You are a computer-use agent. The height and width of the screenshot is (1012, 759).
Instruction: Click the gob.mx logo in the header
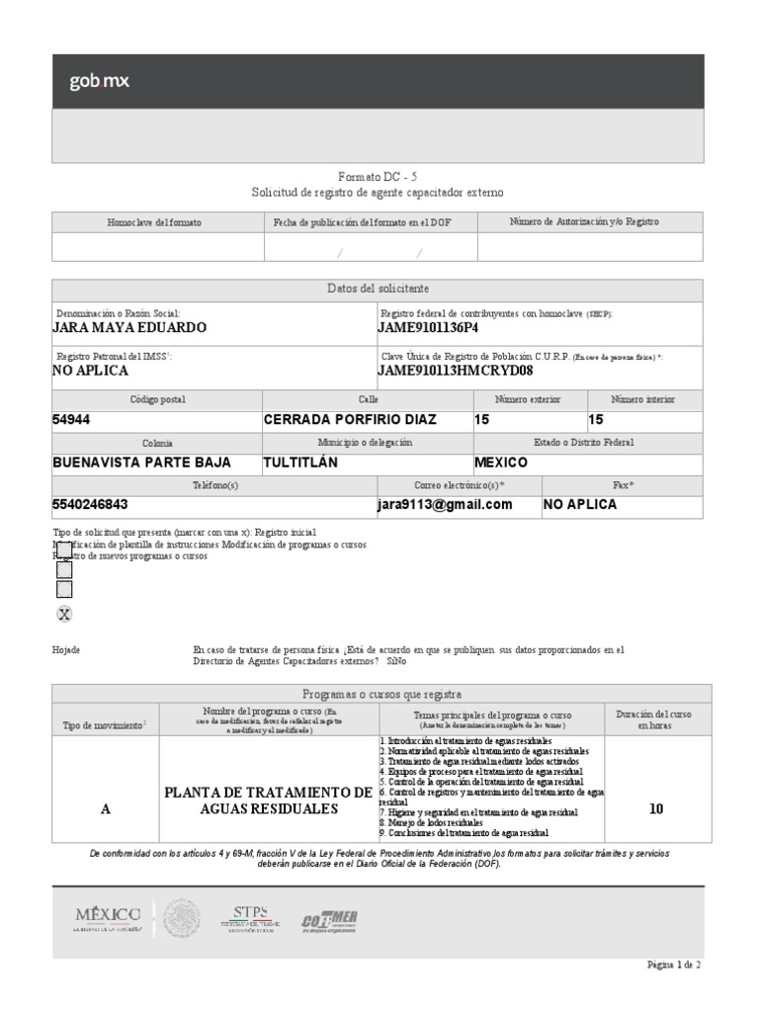click(x=99, y=82)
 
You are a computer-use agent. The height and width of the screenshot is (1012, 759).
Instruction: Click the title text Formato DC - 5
click(x=378, y=175)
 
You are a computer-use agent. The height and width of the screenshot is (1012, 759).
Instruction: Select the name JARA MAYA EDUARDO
click(x=129, y=327)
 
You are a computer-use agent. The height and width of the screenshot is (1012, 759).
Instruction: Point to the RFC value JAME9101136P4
click(x=428, y=327)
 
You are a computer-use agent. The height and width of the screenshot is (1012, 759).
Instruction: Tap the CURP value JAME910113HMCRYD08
click(x=456, y=371)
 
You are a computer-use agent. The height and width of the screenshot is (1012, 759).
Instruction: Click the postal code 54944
click(x=71, y=419)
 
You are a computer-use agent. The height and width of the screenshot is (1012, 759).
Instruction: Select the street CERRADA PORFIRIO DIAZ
click(x=350, y=419)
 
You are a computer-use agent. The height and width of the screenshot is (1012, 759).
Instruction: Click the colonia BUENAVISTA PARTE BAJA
click(x=141, y=462)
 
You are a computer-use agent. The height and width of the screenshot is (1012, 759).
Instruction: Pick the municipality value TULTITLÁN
click(x=300, y=462)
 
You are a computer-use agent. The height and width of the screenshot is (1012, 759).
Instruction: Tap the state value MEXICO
click(x=501, y=462)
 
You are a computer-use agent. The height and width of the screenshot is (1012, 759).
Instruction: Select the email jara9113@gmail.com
click(x=446, y=504)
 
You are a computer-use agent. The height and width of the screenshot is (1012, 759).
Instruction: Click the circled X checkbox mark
click(x=64, y=614)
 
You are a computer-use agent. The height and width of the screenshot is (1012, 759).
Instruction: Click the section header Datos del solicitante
click(x=378, y=289)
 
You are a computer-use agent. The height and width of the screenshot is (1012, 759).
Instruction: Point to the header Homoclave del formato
click(x=154, y=222)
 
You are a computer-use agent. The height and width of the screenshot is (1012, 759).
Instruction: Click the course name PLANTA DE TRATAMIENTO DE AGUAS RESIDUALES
click(x=268, y=801)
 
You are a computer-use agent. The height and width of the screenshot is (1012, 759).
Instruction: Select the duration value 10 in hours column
click(x=655, y=808)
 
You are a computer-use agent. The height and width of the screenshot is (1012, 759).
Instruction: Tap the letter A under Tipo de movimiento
click(x=106, y=808)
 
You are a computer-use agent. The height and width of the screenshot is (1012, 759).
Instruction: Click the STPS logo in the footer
click(x=250, y=917)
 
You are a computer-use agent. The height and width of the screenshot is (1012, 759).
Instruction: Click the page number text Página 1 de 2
click(x=674, y=965)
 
